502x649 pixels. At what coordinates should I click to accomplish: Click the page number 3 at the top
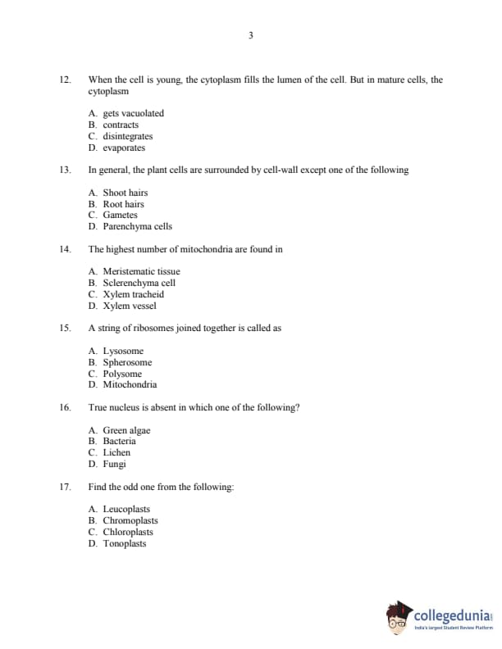tap(250, 35)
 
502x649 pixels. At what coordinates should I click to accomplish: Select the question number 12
tap(65, 79)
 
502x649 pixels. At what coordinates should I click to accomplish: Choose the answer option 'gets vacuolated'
tap(132, 113)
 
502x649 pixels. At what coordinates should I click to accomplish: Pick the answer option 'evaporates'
tap(123, 147)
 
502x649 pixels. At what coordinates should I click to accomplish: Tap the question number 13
tap(65, 170)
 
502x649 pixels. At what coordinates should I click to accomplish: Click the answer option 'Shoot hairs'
tap(125, 193)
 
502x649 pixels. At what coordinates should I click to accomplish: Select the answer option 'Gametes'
tap(120, 215)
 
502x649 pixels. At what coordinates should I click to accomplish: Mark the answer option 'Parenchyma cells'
tap(137, 226)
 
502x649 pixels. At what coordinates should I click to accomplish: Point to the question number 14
tap(65, 248)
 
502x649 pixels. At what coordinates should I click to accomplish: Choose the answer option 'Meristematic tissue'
tap(141, 271)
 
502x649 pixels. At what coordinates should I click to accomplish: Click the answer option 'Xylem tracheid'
tap(133, 294)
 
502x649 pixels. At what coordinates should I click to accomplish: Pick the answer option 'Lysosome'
tap(123, 351)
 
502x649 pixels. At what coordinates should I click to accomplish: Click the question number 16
tap(65, 407)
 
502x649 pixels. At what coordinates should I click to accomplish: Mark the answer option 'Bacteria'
tap(119, 441)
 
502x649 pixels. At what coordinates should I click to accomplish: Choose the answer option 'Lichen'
tap(116, 452)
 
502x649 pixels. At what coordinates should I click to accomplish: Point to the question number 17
tap(65, 487)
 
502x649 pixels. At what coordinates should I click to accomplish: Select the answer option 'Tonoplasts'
tap(124, 543)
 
